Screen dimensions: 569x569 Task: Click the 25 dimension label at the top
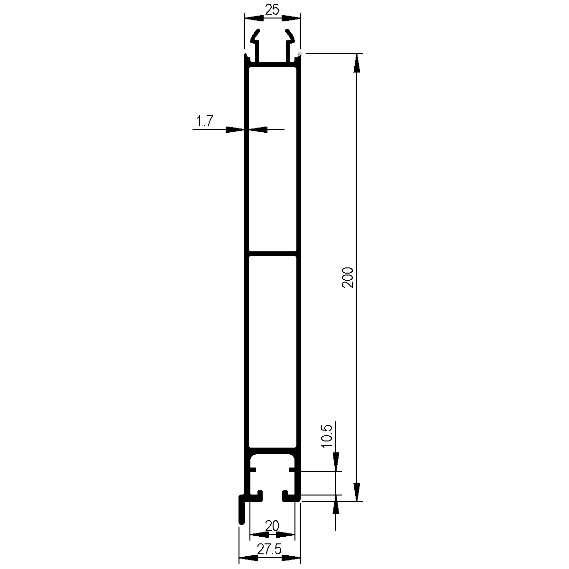272,9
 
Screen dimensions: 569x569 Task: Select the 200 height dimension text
348,277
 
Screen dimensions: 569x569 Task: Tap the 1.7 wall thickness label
204,122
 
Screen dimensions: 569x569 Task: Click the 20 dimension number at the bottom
272,526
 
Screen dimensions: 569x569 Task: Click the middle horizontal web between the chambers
272,253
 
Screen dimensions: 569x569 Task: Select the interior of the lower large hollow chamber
272,351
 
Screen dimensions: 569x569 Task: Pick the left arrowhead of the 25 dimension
254,18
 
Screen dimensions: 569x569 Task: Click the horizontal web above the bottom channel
272,450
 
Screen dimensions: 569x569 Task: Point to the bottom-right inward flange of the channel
290,496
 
